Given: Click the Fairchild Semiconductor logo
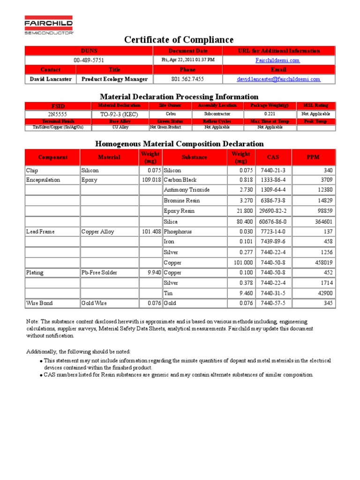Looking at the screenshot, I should click(49, 25).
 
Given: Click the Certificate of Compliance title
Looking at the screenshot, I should click(179, 40).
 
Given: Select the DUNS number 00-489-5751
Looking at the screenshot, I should click(89, 60).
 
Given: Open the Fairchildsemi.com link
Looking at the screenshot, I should click(277, 60).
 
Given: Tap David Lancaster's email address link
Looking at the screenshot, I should click(278, 79).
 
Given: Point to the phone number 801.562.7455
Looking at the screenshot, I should click(187, 79).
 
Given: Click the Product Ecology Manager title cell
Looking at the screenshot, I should click(114, 79).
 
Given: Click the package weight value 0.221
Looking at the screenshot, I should click(270, 114).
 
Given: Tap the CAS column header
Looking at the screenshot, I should click(273, 157).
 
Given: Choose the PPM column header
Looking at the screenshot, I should click(313, 157).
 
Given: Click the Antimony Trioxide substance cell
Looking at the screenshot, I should click(187, 190).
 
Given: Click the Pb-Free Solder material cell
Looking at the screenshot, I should click(99, 272).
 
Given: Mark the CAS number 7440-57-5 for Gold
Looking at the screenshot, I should click(273, 303).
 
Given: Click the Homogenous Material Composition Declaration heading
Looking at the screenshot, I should click(180, 144).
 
